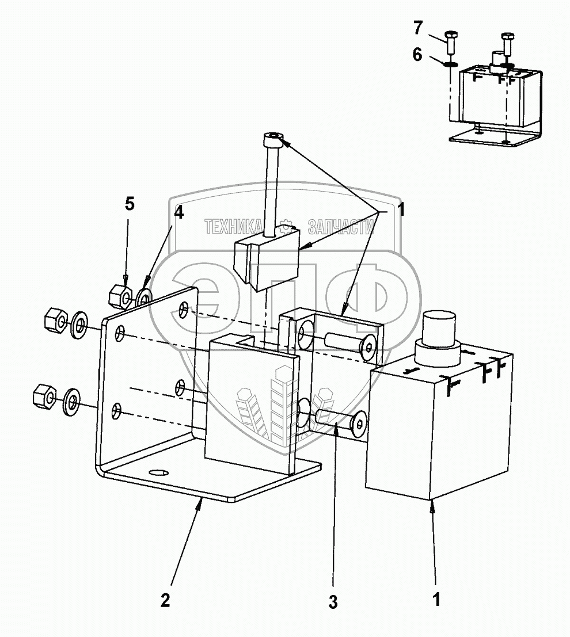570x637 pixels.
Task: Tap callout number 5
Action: (x=130, y=204)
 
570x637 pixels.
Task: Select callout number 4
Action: (x=179, y=212)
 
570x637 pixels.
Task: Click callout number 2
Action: (x=165, y=600)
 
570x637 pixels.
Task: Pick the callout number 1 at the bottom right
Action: (x=437, y=599)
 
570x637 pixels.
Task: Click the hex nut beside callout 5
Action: (x=120, y=295)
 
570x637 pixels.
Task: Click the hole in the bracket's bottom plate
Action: (x=157, y=472)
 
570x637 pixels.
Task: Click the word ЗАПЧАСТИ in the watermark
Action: (x=340, y=227)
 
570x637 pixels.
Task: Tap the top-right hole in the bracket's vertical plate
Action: (x=184, y=310)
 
